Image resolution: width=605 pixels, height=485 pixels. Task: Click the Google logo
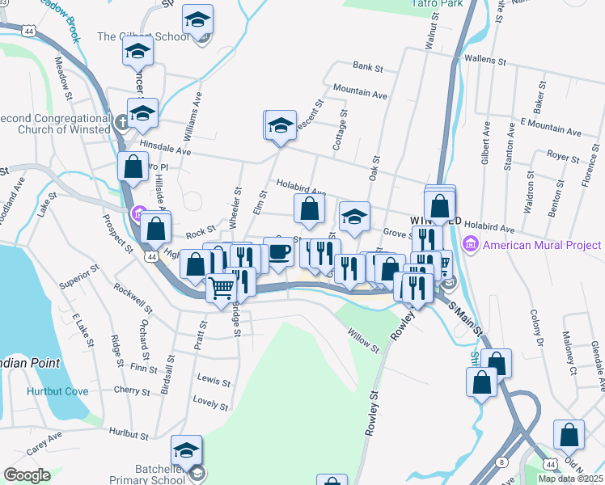click(27, 475)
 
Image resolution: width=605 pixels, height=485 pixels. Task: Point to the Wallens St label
click(484, 61)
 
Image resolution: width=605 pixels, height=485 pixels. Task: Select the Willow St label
click(363, 339)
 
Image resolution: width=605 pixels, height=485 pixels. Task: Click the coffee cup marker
click(279, 251)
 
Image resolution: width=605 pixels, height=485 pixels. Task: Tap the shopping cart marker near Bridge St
click(221, 288)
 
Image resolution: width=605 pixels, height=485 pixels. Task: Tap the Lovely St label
click(212, 399)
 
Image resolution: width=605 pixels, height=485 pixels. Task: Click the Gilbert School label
click(133, 36)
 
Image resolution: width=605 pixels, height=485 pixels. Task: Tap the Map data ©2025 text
click(570, 479)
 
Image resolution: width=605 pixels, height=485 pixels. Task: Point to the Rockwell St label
click(133, 297)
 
